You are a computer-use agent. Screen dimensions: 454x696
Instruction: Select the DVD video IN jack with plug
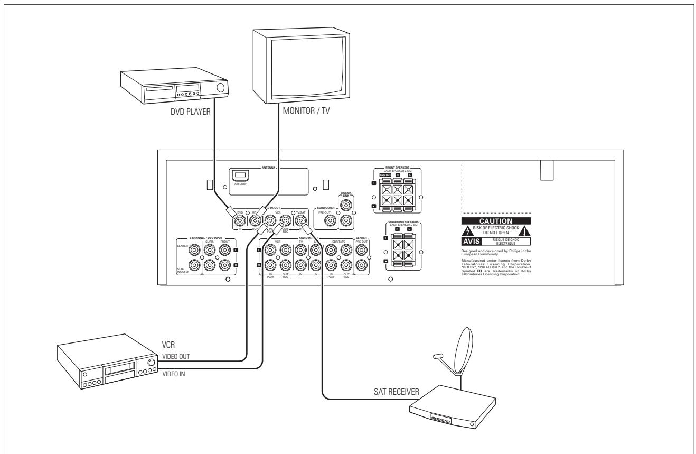240,220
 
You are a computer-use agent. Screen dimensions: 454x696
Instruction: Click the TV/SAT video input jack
301,220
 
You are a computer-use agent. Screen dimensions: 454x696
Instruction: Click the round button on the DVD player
220,88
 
